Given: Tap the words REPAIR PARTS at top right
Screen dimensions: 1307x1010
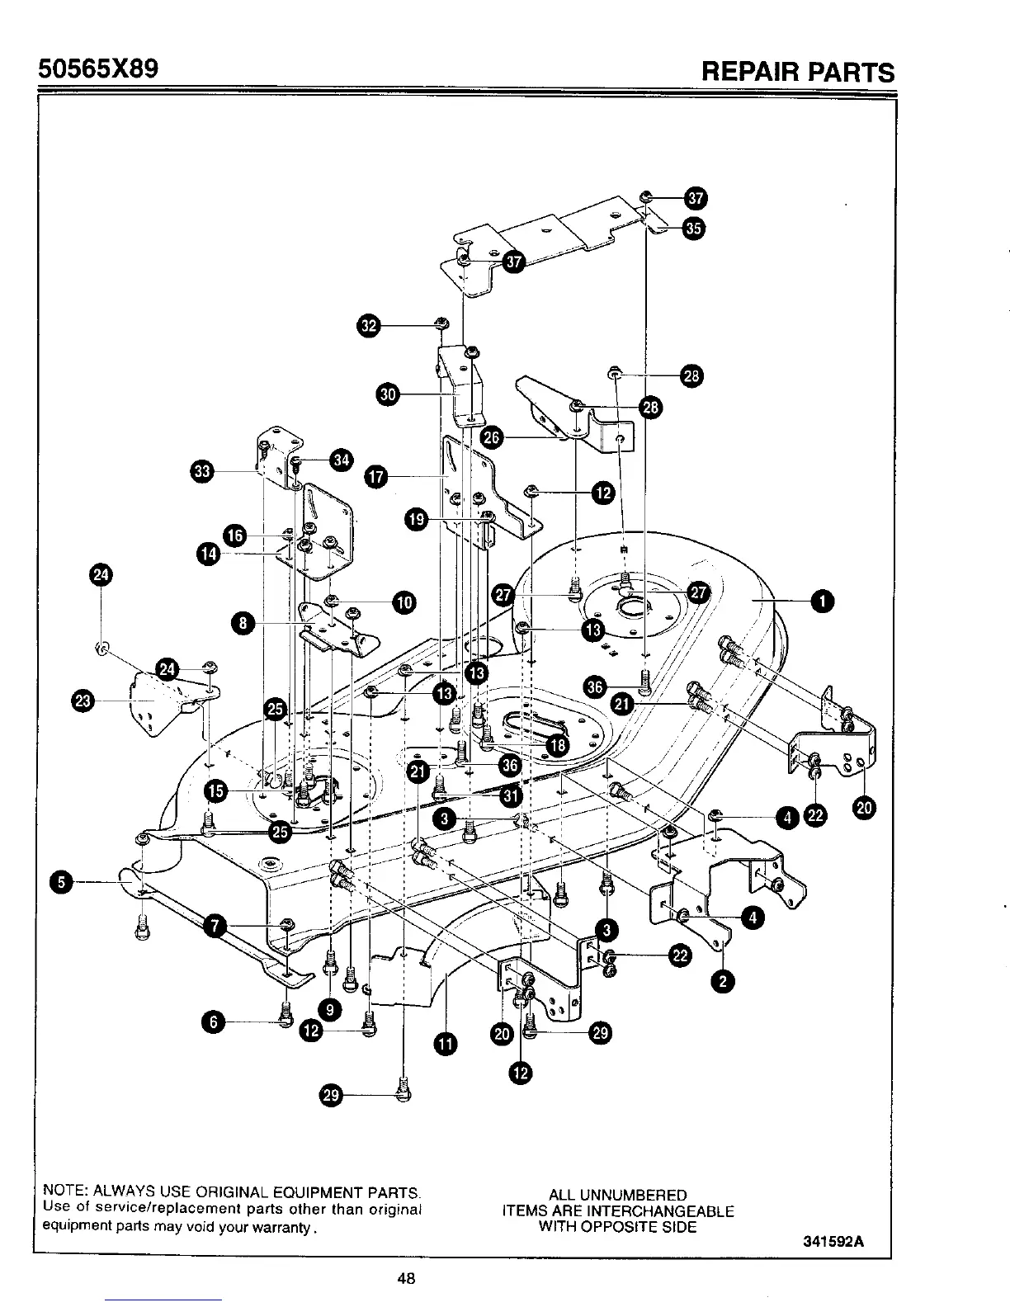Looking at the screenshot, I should [x=797, y=72].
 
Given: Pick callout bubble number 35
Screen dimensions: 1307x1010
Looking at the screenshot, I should [x=694, y=229].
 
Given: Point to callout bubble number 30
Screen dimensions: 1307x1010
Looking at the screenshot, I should [x=388, y=394].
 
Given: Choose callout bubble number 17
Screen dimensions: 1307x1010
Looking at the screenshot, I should [x=376, y=476].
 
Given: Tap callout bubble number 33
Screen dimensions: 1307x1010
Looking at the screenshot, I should [x=201, y=471].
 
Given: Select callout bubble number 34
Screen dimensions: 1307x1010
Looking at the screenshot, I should [x=340, y=460].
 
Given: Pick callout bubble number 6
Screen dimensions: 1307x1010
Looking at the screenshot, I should [x=213, y=1022].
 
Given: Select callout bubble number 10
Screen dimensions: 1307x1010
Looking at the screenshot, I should [x=404, y=602].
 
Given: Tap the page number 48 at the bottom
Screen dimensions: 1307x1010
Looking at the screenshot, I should [x=405, y=1279].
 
